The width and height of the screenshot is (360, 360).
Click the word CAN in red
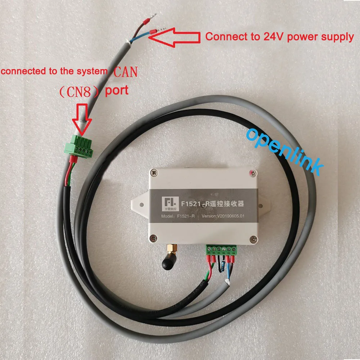126,72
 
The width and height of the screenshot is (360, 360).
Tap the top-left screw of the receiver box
153,174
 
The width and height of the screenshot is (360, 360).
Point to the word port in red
116,90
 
